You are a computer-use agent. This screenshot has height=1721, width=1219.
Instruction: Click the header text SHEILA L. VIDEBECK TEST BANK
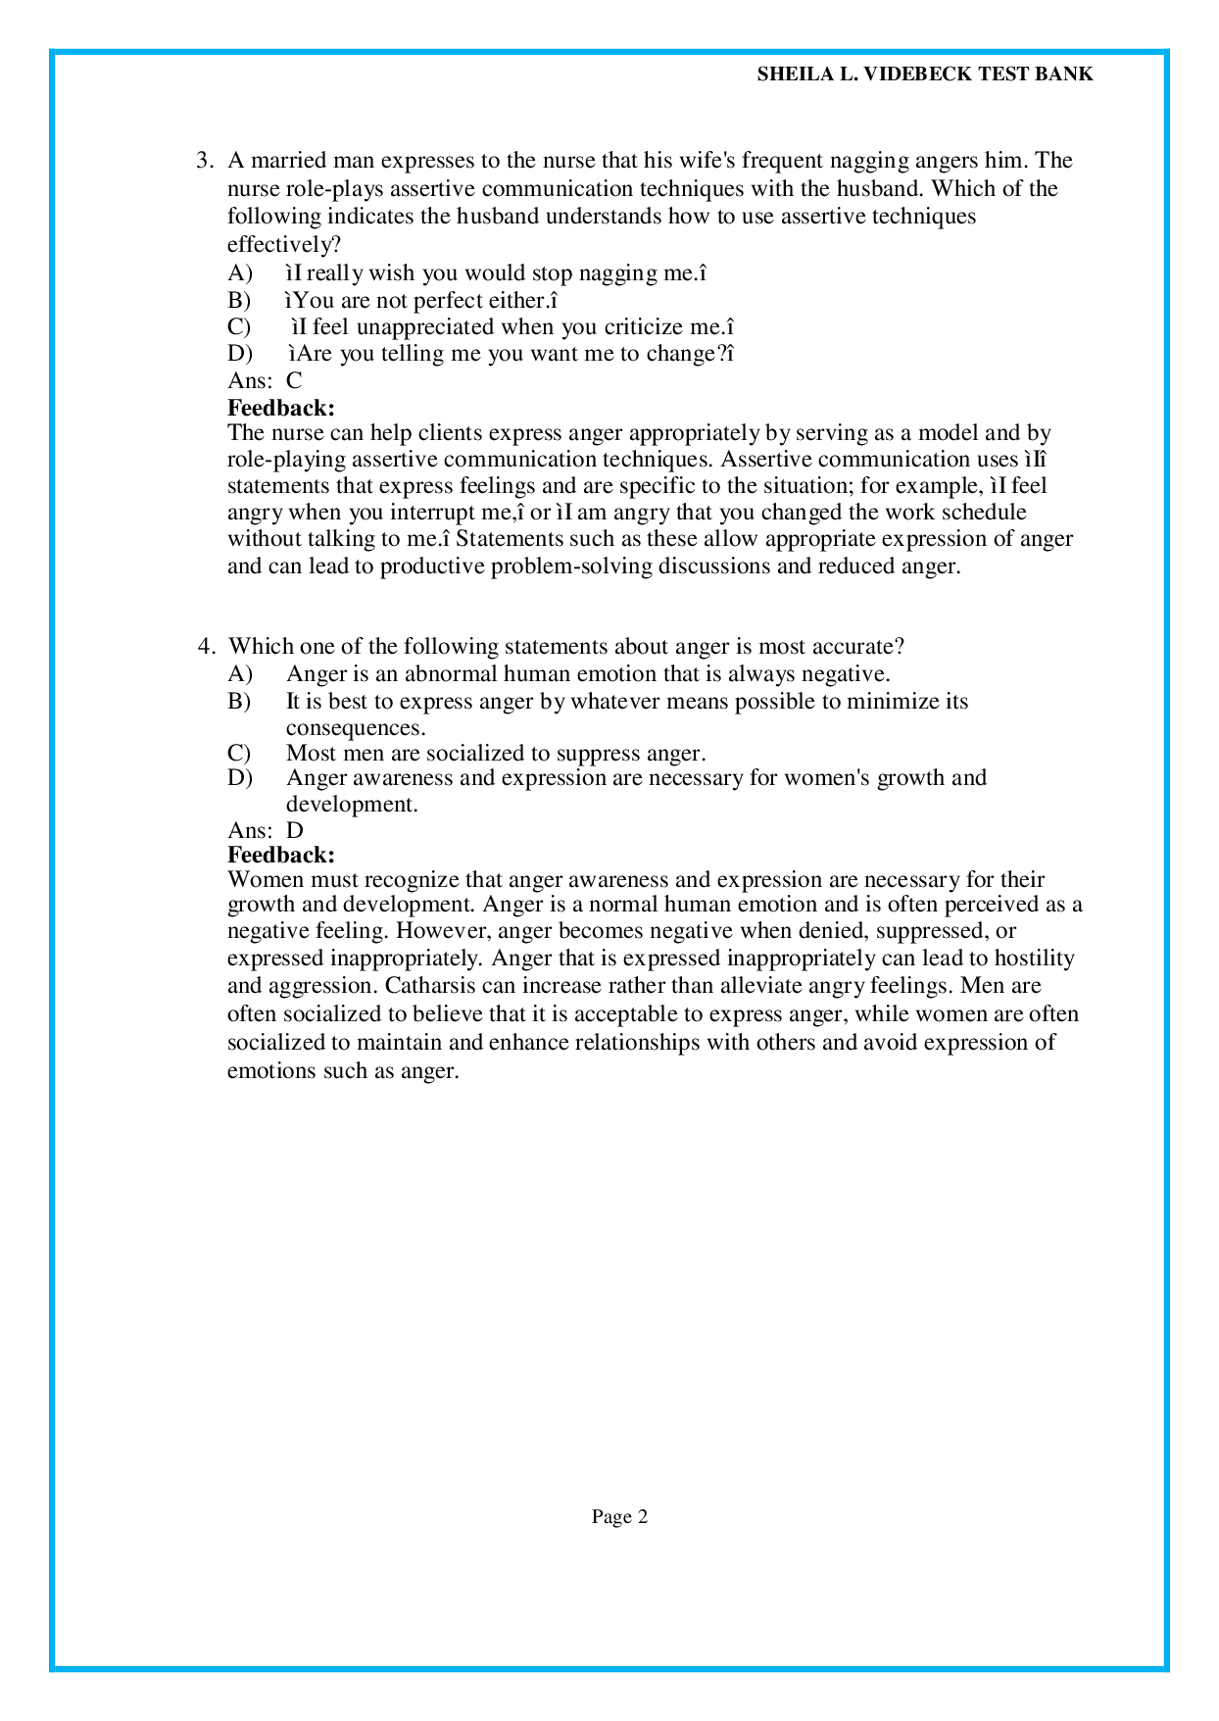pos(924,74)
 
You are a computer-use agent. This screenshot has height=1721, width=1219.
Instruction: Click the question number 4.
pos(205,647)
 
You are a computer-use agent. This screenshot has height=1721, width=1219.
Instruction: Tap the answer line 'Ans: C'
pos(265,381)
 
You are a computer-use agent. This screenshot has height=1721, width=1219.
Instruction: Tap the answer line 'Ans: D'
pos(266,831)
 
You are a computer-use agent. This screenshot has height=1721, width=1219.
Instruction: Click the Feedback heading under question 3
pos(280,408)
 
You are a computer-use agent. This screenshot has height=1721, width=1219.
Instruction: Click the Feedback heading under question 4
pos(280,856)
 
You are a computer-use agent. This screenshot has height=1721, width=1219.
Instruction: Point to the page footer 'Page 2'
pos(619,1517)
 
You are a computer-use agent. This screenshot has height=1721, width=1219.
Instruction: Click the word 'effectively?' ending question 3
pos(283,244)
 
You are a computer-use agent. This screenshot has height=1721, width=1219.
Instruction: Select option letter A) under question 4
pos(240,674)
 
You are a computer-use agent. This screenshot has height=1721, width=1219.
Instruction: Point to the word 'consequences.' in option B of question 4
pos(355,728)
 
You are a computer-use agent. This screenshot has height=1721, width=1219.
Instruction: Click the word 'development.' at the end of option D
pos(352,805)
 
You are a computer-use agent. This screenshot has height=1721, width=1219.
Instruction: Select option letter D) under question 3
pos(239,354)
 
